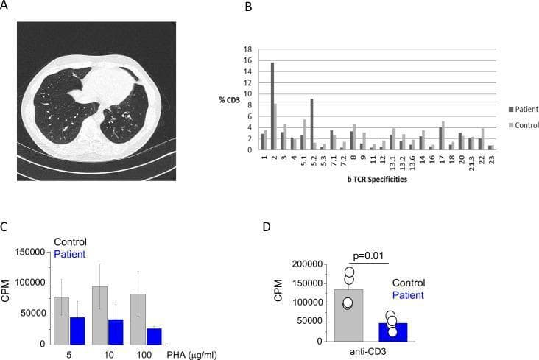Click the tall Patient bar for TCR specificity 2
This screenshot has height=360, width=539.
pyautogui.click(x=272, y=106)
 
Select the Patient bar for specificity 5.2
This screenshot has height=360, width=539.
pyautogui.click(x=311, y=124)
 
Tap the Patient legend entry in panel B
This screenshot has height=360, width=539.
pyautogui.click(x=524, y=110)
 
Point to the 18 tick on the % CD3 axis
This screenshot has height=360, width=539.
pyautogui.click(x=247, y=49)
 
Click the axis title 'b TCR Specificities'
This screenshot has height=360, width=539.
pyautogui.click(x=377, y=179)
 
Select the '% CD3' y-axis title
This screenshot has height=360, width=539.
pyautogui.click(x=229, y=100)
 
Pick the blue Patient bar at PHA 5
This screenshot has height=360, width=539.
pyautogui.click(x=77, y=331)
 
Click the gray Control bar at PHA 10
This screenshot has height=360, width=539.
pyautogui.click(x=99, y=315)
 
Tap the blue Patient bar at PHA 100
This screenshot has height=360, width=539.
pyautogui.click(x=154, y=336)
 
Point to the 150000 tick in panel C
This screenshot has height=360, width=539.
pyautogui.click(x=30, y=252)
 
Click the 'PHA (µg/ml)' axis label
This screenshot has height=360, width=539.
pyautogui.click(x=191, y=355)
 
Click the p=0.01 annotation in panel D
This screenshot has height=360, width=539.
pyautogui.click(x=368, y=256)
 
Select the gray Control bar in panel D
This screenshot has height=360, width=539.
pyautogui.click(x=349, y=315)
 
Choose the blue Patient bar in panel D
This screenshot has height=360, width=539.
pyautogui.click(x=393, y=332)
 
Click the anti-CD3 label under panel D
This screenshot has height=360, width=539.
pyautogui.click(x=368, y=352)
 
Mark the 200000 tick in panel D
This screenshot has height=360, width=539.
pyautogui.click(x=307, y=264)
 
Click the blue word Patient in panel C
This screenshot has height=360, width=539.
pyautogui.click(x=70, y=255)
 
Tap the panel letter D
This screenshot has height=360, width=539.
pyautogui.click(x=267, y=227)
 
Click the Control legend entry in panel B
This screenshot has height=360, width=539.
pyautogui.click(x=524, y=125)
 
